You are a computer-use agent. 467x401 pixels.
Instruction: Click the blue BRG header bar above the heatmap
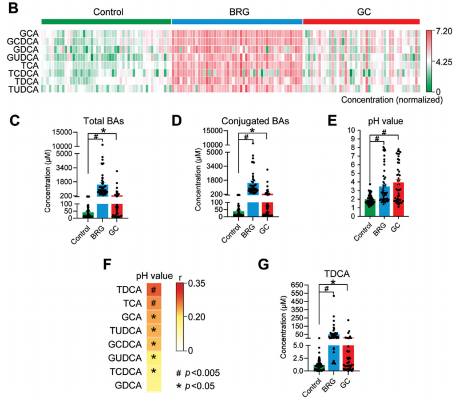(237, 21)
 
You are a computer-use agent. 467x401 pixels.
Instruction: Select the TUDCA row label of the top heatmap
(23, 89)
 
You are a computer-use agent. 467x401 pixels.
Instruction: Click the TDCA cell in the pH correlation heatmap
(153, 290)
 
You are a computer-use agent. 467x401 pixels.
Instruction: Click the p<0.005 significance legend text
(201, 372)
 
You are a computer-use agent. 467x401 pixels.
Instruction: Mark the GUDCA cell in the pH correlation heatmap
(153, 359)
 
